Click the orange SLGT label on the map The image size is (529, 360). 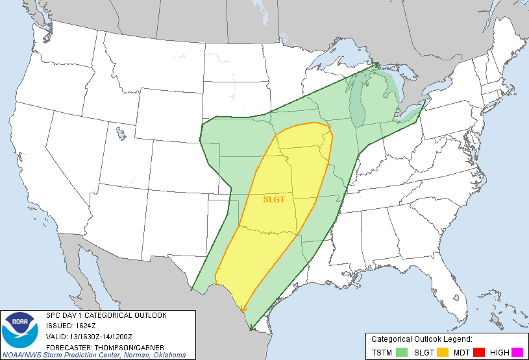pos(274,200)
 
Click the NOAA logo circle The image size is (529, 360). pos(20,328)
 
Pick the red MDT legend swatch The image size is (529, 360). pos(481,352)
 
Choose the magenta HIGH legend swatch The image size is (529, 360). pos(517,352)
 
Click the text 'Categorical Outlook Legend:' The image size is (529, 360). pos(421,339)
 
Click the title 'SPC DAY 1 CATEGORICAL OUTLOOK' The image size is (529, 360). pos(106,315)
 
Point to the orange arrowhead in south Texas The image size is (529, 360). pos(242,309)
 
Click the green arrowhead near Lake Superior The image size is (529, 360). pos(376,65)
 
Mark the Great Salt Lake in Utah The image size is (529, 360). pos(121,134)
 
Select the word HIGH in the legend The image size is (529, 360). pos(499,352)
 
